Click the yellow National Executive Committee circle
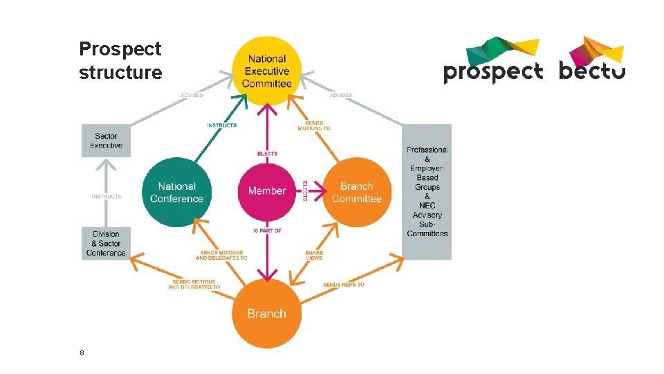(x=266, y=71)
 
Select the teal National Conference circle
(x=176, y=192)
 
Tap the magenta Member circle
(x=266, y=190)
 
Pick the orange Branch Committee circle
(x=356, y=192)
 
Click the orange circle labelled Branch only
(x=266, y=314)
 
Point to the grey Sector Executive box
(x=106, y=141)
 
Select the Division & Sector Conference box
(x=106, y=243)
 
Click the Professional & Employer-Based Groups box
(x=427, y=192)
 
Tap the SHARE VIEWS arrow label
(x=314, y=255)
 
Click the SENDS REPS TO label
(x=343, y=285)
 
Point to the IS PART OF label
(x=266, y=231)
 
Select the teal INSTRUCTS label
(x=221, y=125)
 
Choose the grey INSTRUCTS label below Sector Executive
(x=106, y=197)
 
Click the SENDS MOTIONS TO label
(x=313, y=125)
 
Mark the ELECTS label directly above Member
(x=266, y=154)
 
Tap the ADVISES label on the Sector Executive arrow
(x=192, y=95)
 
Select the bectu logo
(x=591, y=60)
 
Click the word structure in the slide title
(x=120, y=72)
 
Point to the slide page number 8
(x=82, y=353)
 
